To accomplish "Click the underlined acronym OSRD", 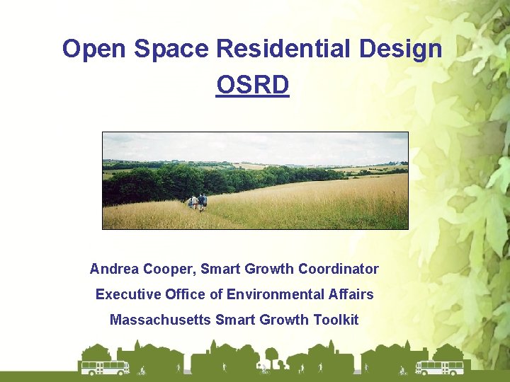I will [x=253, y=86].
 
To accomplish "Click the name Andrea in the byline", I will [x=114, y=270].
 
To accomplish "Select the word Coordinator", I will [x=339, y=270].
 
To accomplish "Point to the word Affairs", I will [x=351, y=294].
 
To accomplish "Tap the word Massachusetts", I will [x=160, y=320].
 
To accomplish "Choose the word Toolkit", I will [x=336, y=320].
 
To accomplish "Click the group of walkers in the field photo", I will [x=198, y=202].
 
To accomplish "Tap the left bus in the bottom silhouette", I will [x=105, y=367].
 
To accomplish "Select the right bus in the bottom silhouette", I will [x=439, y=367].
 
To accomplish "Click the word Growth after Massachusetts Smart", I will [x=285, y=320].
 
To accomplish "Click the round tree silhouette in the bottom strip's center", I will [x=271, y=356].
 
